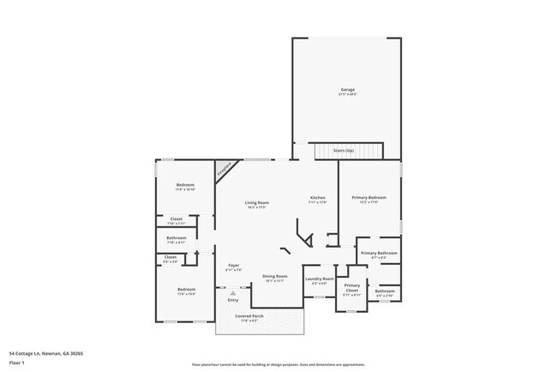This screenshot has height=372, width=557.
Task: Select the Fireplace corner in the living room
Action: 225,169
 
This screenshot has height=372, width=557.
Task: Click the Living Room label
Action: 257,202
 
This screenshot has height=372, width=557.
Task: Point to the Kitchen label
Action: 317,198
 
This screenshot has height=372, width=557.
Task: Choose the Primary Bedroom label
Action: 370,198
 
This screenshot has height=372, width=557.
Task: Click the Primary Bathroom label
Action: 378,253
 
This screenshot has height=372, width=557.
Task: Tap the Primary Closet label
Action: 352,288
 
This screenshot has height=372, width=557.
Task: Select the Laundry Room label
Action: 319,279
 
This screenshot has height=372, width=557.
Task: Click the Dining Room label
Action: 274,276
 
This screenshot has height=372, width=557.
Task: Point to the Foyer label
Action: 233,266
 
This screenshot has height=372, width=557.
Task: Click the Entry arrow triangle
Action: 231,292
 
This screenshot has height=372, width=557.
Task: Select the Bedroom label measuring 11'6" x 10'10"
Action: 186,185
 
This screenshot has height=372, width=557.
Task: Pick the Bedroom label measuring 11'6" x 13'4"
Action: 186,290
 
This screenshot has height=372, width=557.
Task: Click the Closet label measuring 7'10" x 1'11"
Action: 176,219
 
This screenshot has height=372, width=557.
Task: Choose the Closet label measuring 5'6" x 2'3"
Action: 171,256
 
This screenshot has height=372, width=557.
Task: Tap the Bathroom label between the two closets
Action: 177,238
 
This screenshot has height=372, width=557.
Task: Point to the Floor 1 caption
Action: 17,361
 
